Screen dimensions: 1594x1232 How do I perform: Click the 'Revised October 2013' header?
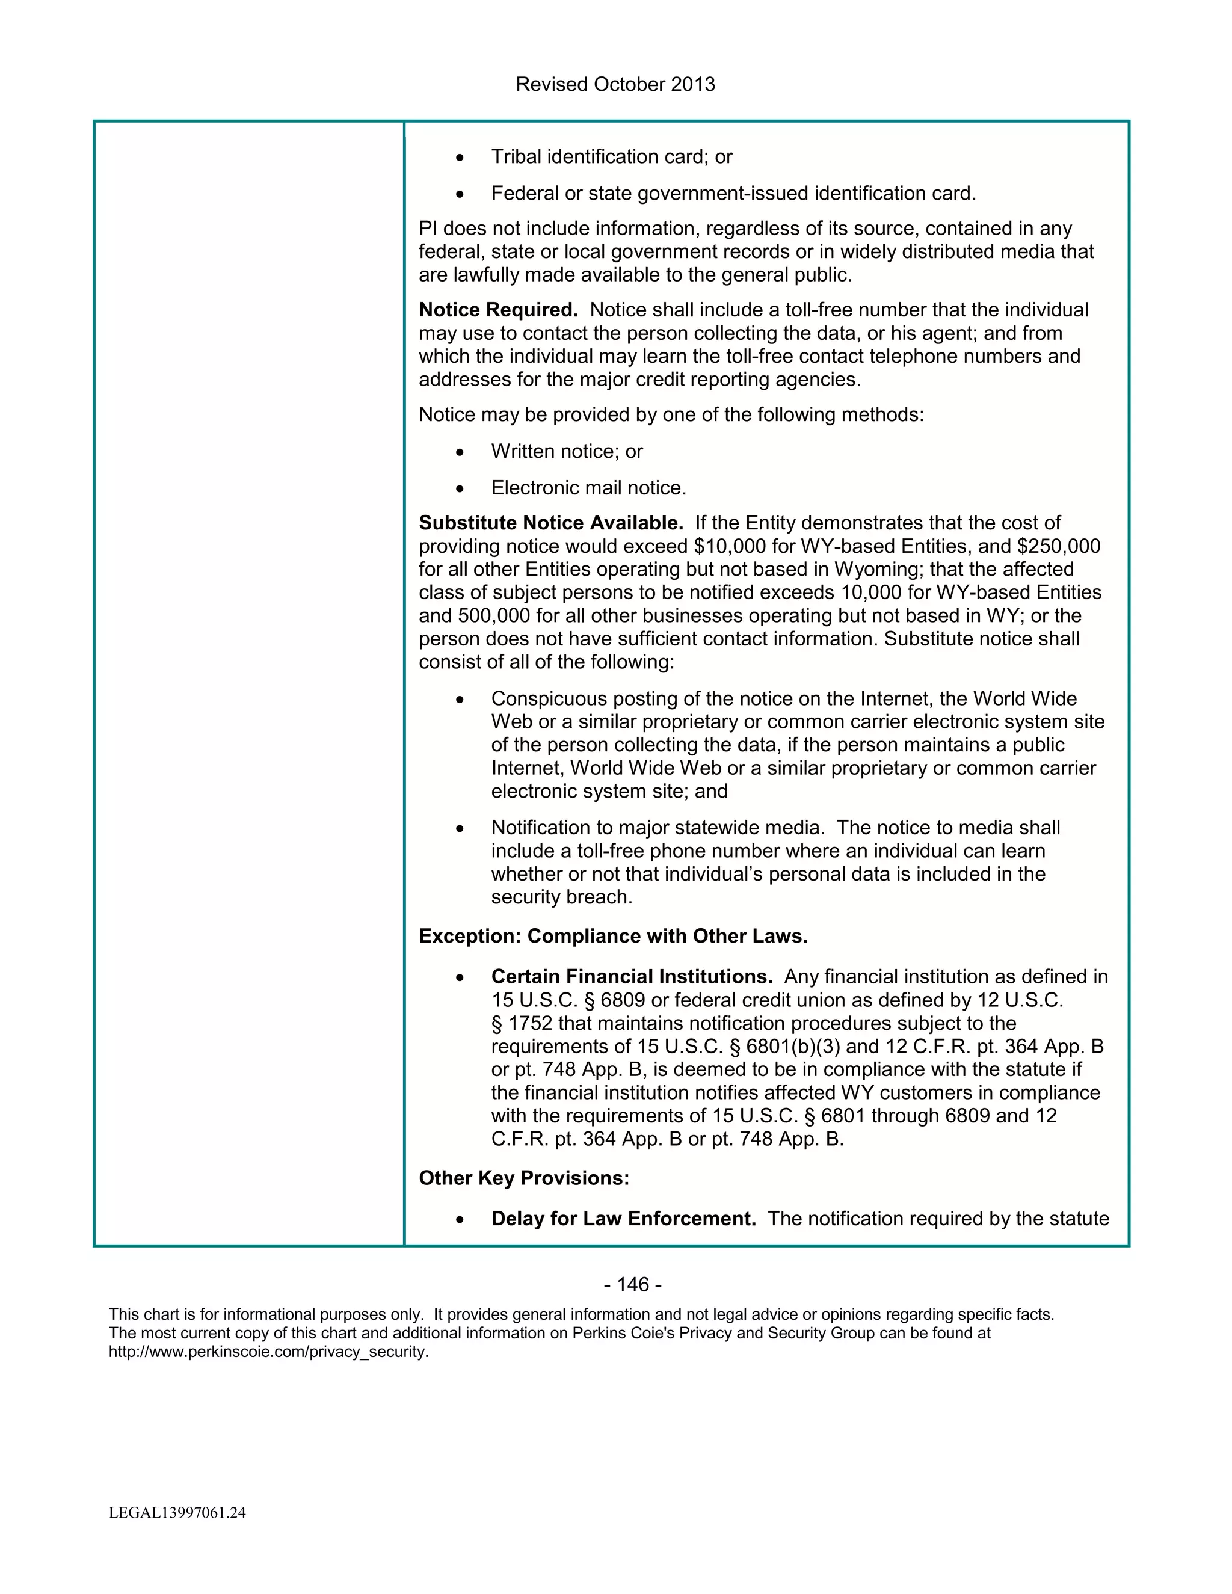coord(615,85)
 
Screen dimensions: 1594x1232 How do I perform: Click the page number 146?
coord(632,1285)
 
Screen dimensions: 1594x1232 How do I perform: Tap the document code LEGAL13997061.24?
coord(177,1513)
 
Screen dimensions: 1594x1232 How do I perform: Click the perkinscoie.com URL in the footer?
coord(268,1352)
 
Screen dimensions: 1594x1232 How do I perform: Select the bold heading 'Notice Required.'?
coord(497,310)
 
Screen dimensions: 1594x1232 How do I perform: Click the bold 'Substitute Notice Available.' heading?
coord(550,523)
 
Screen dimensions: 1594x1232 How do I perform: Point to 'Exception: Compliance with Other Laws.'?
coord(612,937)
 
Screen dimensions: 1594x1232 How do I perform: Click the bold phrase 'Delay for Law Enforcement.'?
coord(623,1219)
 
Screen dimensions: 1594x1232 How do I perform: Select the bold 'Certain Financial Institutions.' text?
coord(631,977)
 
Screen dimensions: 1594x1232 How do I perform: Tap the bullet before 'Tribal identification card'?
coord(459,158)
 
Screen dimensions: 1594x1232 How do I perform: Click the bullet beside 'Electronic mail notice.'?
coord(459,488)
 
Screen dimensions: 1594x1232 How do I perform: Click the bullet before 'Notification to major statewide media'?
coord(459,828)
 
